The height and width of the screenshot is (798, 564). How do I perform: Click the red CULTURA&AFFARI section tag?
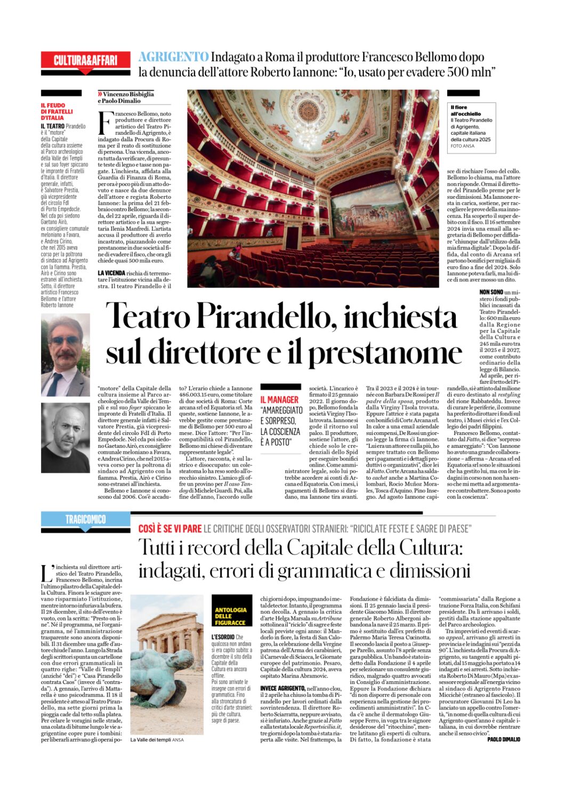pyautogui.click(x=85, y=60)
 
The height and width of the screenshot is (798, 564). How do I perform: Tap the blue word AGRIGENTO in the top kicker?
pyautogui.click(x=173, y=57)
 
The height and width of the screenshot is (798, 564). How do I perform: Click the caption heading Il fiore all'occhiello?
pyautogui.click(x=465, y=110)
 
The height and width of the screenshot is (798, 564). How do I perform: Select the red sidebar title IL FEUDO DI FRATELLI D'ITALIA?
pyautogui.click(x=57, y=111)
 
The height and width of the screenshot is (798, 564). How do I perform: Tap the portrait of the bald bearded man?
pyautogui.click(x=66, y=438)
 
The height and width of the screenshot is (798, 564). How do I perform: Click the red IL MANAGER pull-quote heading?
pyautogui.click(x=279, y=399)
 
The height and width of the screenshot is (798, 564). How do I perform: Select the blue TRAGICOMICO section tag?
pyautogui.click(x=85, y=519)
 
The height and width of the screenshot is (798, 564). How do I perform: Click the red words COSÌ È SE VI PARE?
pyautogui.click(x=170, y=529)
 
